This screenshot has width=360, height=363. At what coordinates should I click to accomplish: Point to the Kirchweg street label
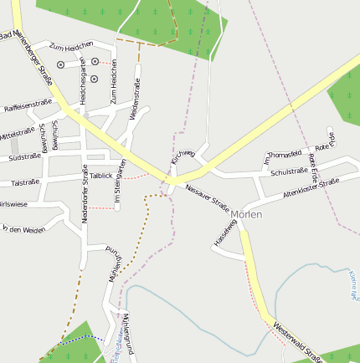[x=183, y=156]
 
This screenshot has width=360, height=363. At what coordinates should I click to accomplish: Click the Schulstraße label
[x=290, y=172]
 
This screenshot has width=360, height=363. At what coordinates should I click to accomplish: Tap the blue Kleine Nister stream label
[x=353, y=284]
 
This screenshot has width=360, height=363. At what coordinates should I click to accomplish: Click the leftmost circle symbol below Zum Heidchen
[x=60, y=64]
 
